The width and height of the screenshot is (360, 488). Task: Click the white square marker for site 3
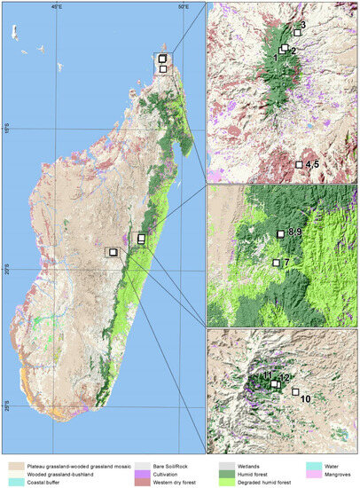click(297, 33)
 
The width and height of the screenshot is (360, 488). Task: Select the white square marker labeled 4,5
click(298, 165)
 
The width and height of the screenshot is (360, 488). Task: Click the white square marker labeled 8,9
click(280, 233)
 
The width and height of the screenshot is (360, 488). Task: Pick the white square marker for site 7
click(276, 263)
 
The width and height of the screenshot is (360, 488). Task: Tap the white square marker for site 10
click(296, 391)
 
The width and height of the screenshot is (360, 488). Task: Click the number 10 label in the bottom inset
click(305, 400)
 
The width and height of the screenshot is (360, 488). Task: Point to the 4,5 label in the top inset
click(311, 165)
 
